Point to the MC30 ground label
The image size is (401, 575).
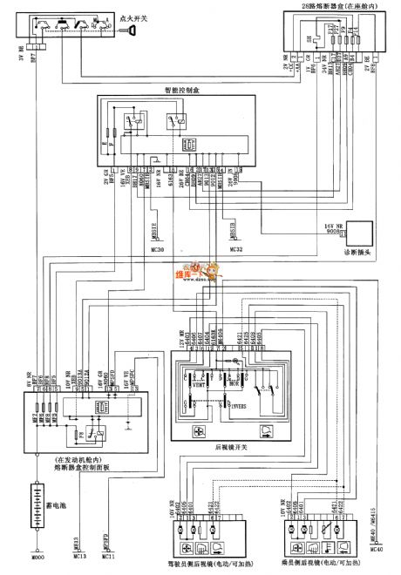133,249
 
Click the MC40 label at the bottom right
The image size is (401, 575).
377,551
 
